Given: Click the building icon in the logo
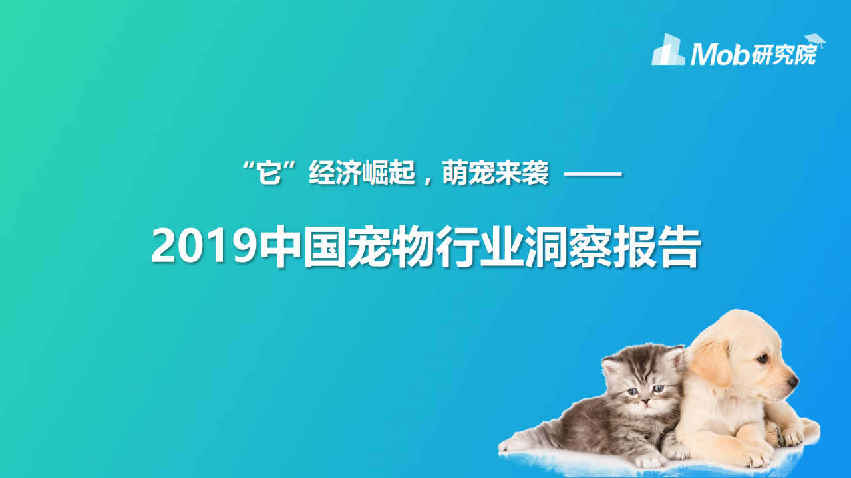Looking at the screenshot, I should (668, 51).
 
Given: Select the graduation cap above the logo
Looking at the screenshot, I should (814, 40).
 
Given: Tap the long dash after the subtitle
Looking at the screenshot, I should (592, 176).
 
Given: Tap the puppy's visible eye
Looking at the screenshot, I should (760, 359).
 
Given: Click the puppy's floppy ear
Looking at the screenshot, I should (711, 362).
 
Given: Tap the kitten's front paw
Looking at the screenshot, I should (647, 459).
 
